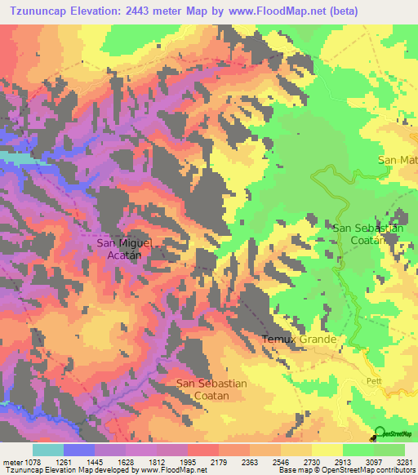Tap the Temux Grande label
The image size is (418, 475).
pyautogui.click(x=299, y=339)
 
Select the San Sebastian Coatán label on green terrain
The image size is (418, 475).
pyautogui.click(x=367, y=233)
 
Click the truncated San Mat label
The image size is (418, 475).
pyautogui.click(x=397, y=160)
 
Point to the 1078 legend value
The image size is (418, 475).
pyautogui.click(x=33, y=461)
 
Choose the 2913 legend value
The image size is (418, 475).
pyautogui.click(x=342, y=461)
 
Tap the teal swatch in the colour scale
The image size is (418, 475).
pyautogui.click(x=47, y=450)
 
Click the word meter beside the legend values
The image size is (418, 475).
pyautogui.click(x=11, y=461)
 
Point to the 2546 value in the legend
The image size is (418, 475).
pyautogui.click(x=281, y=461)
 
